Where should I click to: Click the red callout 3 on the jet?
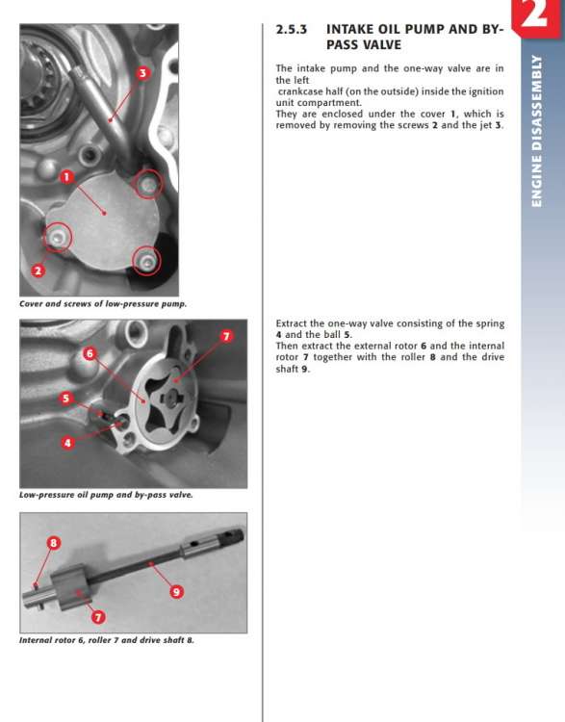(142, 73)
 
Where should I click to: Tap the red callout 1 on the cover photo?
(66, 176)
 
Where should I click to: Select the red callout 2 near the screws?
(38, 271)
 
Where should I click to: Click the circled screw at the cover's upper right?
(148, 184)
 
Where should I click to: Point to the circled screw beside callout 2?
(58, 237)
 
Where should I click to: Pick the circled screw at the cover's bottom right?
(146, 261)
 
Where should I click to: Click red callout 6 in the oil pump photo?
(90, 353)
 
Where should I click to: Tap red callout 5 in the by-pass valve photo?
(66, 398)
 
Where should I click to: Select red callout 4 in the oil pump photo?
(68, 443)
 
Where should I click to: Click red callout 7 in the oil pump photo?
(226, 336)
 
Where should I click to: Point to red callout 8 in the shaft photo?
(54, 543)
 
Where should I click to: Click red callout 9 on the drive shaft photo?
(176, 592)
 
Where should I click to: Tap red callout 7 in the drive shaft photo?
(98, 616)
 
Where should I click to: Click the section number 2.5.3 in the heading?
(291, 30)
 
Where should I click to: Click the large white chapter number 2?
(534, 13)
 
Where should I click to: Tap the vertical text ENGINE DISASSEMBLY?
(537, 131)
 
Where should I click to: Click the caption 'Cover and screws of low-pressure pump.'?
(103, 304)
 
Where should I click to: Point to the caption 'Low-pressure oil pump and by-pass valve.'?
(106, 495)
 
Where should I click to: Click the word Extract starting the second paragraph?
(292, 323)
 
